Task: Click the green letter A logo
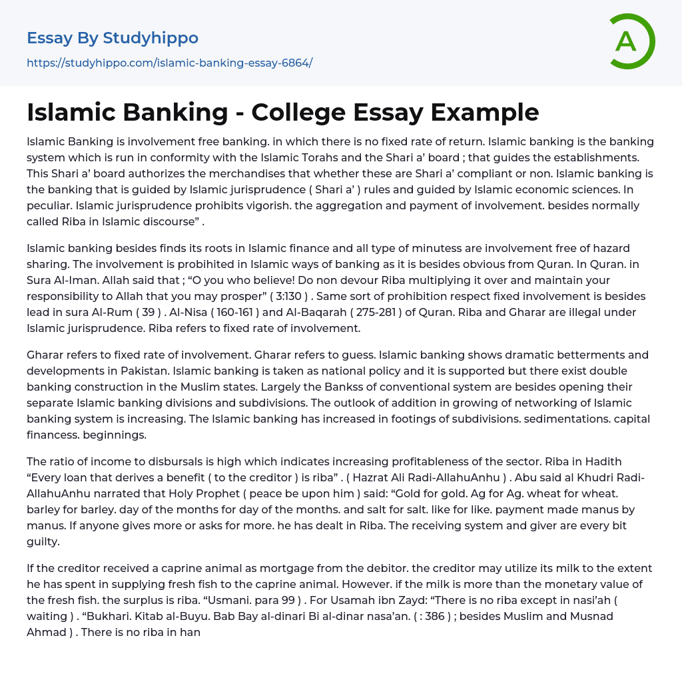(x=631, y=41)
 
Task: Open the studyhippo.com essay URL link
(x=169, y=63)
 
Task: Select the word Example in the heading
(x=485, y=113)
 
